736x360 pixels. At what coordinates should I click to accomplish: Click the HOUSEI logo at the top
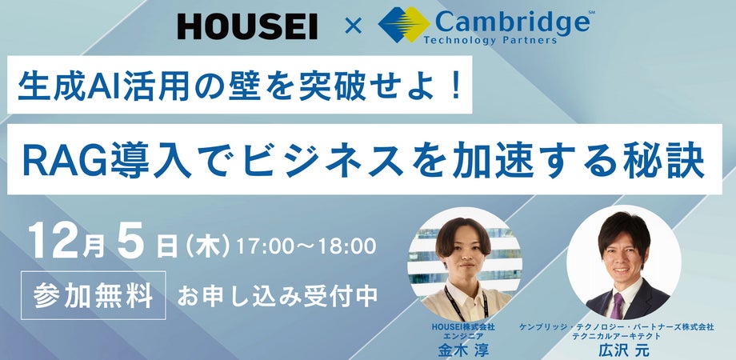click(x=246, y=26)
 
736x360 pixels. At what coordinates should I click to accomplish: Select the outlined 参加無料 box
click(x=94, y=295)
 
